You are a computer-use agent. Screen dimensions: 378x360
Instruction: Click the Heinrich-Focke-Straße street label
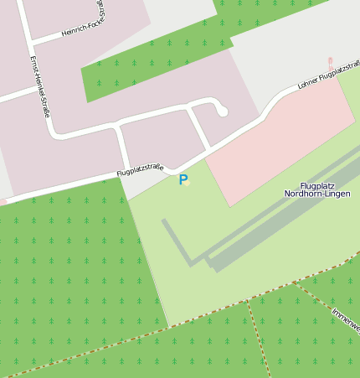75,26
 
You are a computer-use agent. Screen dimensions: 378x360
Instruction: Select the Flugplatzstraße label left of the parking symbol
139,170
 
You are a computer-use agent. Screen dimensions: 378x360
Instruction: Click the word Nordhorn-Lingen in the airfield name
317,194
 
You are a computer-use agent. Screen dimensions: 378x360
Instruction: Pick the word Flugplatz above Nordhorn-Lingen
317,185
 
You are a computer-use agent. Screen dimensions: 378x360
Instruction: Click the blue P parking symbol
183,179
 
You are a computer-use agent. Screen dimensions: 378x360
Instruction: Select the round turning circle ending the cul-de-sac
222,111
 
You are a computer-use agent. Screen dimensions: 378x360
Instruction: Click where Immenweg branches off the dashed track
296,283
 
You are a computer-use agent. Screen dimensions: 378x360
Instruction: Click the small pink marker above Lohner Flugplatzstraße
330,62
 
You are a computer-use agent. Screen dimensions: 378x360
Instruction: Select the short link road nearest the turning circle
198,128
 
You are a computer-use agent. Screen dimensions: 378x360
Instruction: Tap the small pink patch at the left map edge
3,202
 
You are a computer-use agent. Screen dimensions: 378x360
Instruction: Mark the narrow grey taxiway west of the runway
177,243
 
